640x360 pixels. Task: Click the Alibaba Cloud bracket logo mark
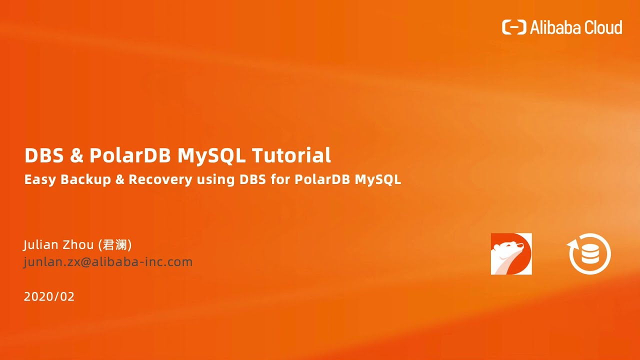click(x=514, y=27)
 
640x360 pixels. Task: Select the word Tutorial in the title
click(x=291, y=155)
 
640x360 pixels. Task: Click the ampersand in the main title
click(x=76, y=156)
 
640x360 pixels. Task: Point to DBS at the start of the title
click(x=44, y=155)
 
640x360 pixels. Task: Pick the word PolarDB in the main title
click(x=130, y=155)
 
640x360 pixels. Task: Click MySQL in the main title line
click(x=211, y=156)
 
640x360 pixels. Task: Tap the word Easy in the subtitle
click(x=40, y=179)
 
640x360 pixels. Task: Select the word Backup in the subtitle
click(x=85, y=180)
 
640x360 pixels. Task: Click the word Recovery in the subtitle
click(x=160, y=180)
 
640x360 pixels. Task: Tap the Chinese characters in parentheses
click(x=115, y=245)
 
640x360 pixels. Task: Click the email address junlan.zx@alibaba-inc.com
click(x=108, y=261)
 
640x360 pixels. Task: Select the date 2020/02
click(x=49, y=296)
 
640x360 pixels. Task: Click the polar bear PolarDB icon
click(x=511, y=253)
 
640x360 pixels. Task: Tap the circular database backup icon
click(x=590, y=253)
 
